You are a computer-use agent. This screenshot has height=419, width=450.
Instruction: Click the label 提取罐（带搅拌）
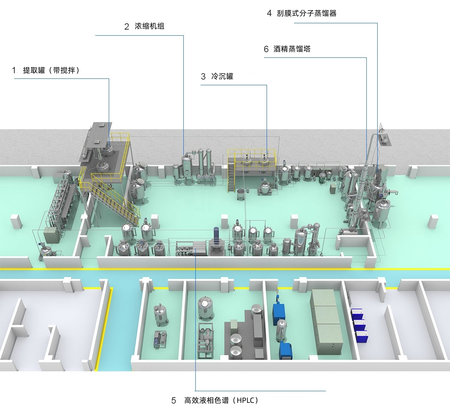tap(51, 70)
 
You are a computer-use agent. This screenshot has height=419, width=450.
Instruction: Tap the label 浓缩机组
tap(149, 26)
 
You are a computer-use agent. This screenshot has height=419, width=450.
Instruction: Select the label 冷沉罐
tap(222, 77)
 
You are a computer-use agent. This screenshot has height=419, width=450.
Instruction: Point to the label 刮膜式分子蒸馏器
tap(306, 14)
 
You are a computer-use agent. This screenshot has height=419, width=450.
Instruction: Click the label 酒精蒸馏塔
tap(292, 49)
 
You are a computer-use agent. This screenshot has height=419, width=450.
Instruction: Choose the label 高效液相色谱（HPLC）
tap(221, 400)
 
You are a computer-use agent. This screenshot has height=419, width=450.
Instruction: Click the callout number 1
tap(14, 70)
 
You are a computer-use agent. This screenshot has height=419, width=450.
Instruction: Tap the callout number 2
tap(127, 27)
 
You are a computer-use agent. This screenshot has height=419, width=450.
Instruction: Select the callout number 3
tap(203, 77)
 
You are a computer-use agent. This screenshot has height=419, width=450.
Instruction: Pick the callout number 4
tap(269, 14)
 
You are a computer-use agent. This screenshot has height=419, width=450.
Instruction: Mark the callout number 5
tap(174, 401)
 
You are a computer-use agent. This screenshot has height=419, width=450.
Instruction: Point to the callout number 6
tap(266, 49)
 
